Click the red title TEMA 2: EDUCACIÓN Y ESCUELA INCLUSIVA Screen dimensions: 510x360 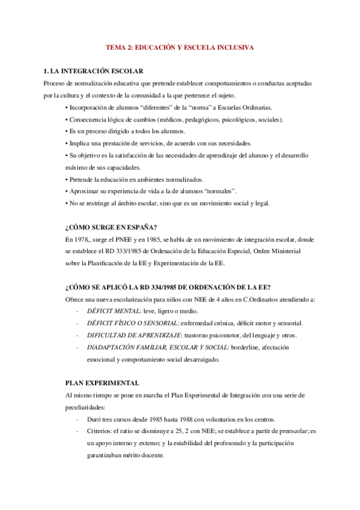pos(180,46)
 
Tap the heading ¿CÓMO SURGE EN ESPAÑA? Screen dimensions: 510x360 pos(111,227)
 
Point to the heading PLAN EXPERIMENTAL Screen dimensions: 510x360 pos(102,382)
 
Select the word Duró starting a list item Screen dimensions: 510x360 pos(94,419)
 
